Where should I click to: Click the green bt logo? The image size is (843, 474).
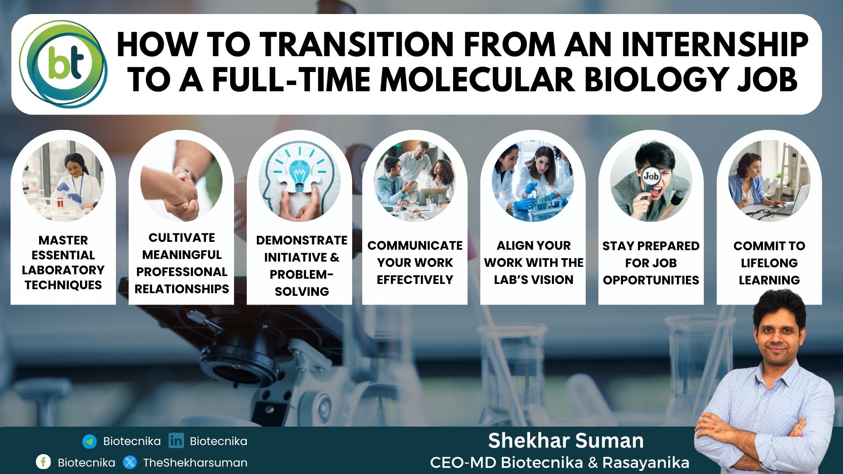tap(64, 65)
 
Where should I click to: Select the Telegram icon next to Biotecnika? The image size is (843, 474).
tap(90, 442)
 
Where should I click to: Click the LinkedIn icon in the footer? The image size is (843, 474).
tap(176, 441)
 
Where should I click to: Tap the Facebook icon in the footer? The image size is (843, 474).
tap(43, 462)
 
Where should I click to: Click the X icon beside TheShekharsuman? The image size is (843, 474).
tap(130, 462)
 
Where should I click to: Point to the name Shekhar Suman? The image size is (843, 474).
tap(566, 441)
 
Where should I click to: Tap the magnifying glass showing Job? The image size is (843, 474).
tap(651, 178)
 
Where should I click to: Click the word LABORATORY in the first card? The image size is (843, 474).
tap(63, 270)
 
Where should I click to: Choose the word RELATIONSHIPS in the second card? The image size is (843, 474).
tap(182, 289)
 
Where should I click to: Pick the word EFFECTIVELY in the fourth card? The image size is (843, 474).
tap(415, 280)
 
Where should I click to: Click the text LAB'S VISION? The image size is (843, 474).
tap(533, 280)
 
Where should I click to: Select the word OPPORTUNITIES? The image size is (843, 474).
tap(651, 280)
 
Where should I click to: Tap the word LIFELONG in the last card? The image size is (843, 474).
tap(769, 263)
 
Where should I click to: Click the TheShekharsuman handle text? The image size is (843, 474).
tap(195, 463)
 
